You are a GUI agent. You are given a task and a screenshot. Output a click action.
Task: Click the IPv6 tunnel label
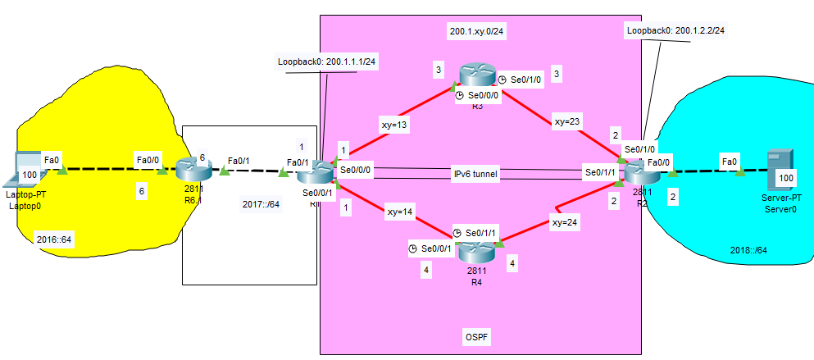476,175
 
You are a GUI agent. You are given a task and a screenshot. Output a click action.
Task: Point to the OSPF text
476,337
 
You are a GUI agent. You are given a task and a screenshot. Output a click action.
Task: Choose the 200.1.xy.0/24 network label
477,32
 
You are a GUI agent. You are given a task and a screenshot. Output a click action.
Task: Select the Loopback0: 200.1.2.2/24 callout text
675,30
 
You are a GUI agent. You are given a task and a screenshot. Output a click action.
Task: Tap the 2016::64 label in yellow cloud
54,239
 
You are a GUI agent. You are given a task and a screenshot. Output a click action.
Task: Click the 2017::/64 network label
261,204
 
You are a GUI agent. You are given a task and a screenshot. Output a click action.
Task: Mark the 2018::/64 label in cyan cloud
750,251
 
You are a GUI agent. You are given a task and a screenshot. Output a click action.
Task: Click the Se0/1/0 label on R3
527,80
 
